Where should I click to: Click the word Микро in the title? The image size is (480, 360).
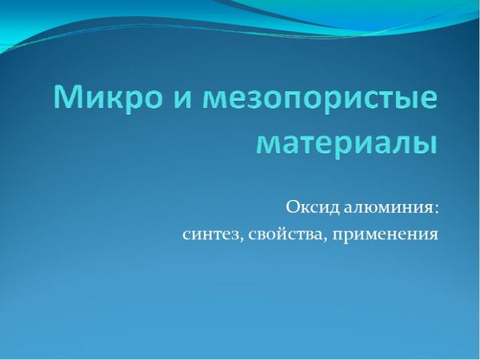[x=108, y=97]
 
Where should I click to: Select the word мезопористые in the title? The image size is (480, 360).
[x=320, y=99]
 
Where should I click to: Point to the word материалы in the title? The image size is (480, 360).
[x=346, y=143]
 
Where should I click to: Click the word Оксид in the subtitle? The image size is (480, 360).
[x=313, y=207]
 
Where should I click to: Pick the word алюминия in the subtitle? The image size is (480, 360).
[x=386, y=209]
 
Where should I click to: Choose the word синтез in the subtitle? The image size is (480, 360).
[x=210, y=235]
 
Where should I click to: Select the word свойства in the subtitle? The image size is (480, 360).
[x=285, y=235]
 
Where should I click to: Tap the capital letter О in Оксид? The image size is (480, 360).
[x=292, y=207]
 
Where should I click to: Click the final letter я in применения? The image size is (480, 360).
[x=434, y=235]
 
